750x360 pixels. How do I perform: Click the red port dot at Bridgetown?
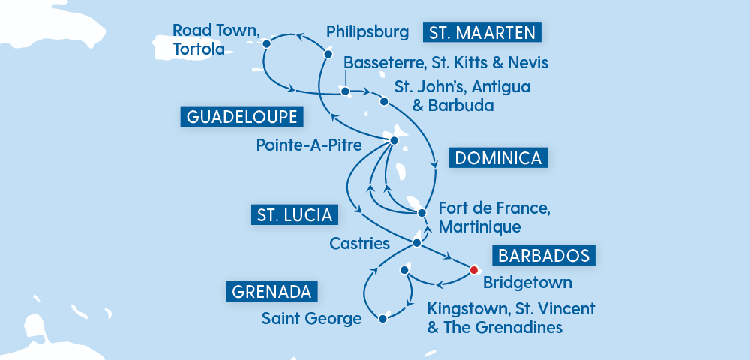[474, 269]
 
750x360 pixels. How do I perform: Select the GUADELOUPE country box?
[241, 117]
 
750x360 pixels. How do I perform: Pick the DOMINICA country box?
[498, 158]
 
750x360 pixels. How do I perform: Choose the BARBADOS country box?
[544, 255]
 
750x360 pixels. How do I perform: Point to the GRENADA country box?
[271, 291]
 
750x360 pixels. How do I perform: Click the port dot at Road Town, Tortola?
[266, 44]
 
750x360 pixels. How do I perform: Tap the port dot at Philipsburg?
[328, 55]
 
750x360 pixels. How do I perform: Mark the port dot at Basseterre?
[345, 92]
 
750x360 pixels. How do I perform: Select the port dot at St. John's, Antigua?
[384, 101]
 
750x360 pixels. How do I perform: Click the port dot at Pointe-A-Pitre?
[393, 140]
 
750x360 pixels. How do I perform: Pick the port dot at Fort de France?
[421, 213]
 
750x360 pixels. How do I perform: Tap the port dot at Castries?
[417, 243]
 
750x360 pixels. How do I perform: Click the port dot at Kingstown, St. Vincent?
[405, 269]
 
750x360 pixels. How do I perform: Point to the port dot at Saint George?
[383, 319]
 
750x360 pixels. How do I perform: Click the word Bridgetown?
[527, 283]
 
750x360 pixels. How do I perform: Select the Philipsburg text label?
[367, 32]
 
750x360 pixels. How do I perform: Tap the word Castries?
[360, 243]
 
